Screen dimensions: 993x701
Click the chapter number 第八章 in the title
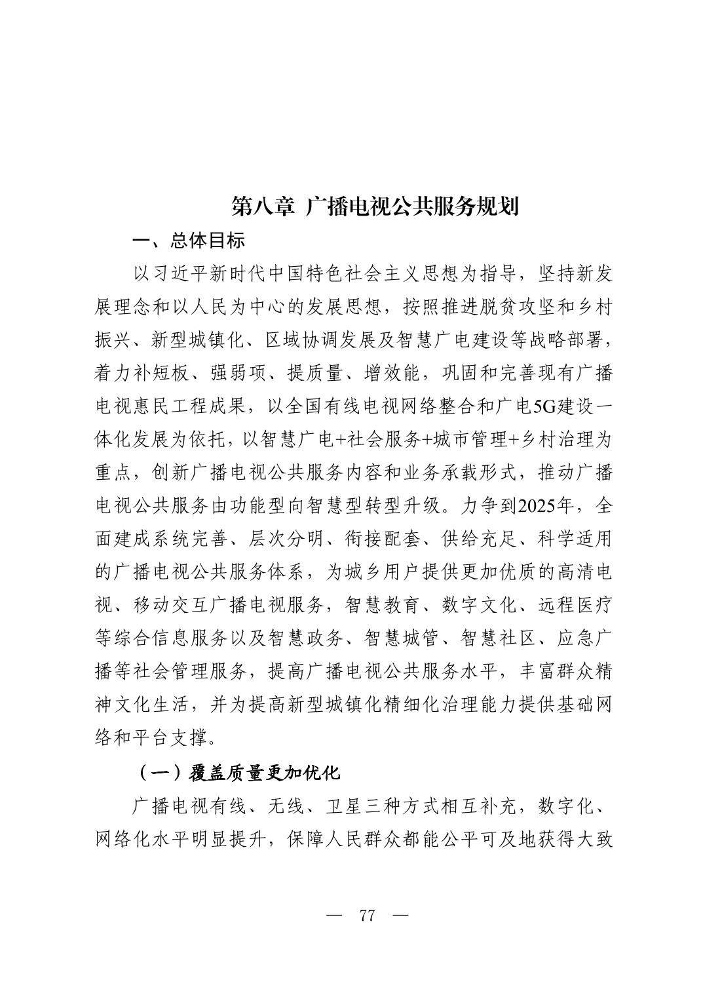click(263, 206)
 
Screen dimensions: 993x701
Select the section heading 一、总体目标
click(189, 241)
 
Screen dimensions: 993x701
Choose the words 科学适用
click(575, 539)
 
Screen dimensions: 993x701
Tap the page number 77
click(367, 916)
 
